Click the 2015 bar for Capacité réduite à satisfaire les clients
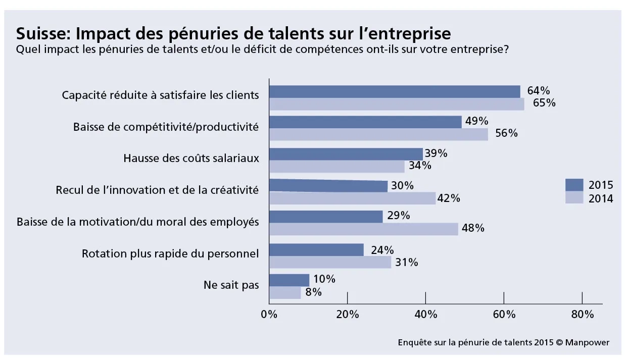pyautogui.click(x=394, y=91)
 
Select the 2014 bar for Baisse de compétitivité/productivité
pyautogui.click(x=378, y=134)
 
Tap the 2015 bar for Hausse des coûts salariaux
pyautogui.click(x=346, y=154)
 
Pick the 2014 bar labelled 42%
pyautogui.click(x=352, y=198)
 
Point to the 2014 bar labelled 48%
pyautogui.click(x=363, y=229)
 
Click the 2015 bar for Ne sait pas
pyautogui.click(x=288, y=280)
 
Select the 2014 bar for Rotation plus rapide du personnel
pyautogui.click(x=329, y=262)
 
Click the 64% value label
pyautogui.click(x=538, y=91)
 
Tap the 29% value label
pyautogui.click(x=398, y=216)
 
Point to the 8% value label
pyautogui.click(x=313, y=292)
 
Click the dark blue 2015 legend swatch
pyautogui.click(x=573, y=185)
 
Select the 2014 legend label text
pyautogui.click(x=601, y=198)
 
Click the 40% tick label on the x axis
pyautogui.click(x=425, y=315)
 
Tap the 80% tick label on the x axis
pyautogui.click(x=582, y=315)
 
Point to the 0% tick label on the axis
pyautogui.click(x=269, y=315)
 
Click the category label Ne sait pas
pyautogui.click(x=231, y=285)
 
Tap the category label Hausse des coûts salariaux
pyautogui.click(x=191, y=159)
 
